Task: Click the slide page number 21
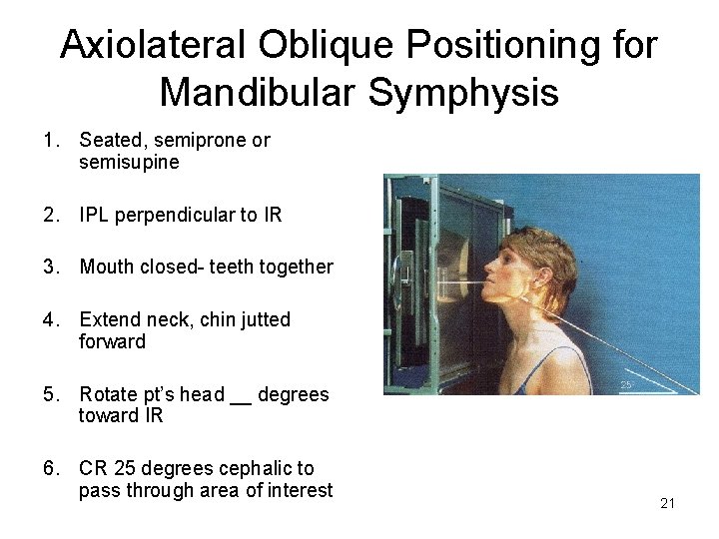[x=667, y=503]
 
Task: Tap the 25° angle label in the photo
[x=626, y=384]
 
